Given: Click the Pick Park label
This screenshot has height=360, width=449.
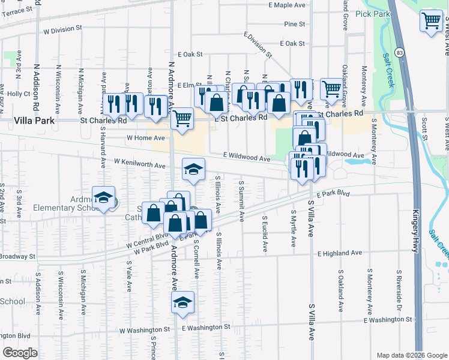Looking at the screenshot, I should pos(368,13).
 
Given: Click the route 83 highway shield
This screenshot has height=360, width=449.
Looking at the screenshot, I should pos(399,52).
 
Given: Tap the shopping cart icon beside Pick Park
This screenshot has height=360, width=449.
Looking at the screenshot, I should pos(432,21).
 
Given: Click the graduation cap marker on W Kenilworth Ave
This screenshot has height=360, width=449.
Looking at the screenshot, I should pos(193,170).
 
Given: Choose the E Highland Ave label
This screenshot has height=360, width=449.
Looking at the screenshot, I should pos(340,253).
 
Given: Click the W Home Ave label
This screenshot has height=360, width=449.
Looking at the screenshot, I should pos(141,137).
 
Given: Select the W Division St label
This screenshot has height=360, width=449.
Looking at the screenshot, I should pos(62,29).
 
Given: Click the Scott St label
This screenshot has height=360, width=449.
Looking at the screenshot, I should pos(424,129).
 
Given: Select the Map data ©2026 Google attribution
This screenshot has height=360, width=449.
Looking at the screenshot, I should pos(411,355).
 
